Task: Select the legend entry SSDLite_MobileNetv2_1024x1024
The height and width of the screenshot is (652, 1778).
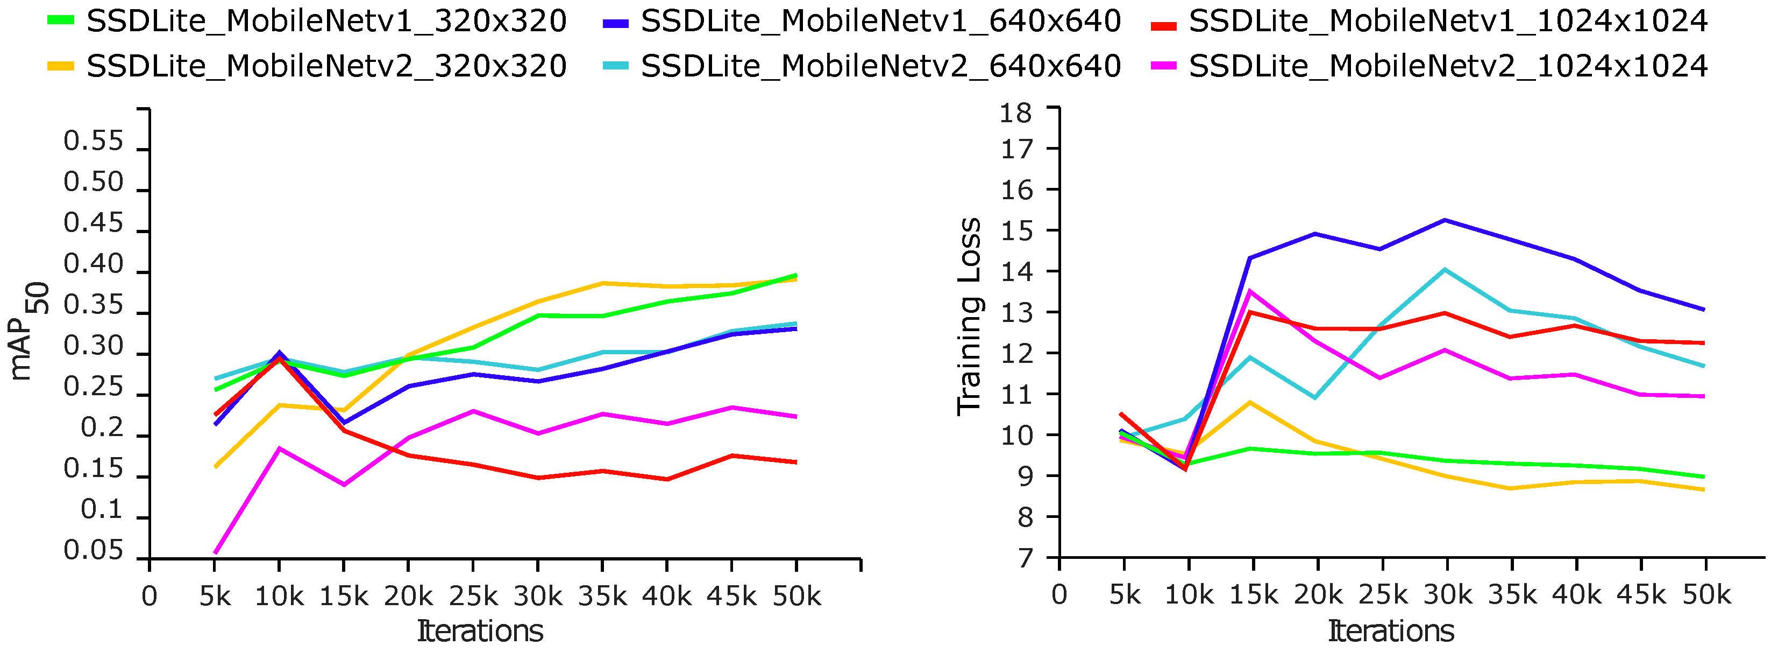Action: pos(1447,66)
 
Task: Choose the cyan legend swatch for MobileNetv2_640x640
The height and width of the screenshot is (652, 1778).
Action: pos(616,66)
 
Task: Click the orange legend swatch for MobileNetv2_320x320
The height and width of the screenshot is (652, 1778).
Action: pos(61,66)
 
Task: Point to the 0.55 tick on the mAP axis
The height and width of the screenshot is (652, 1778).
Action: pos(93,142)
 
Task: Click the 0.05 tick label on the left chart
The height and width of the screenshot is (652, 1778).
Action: pos(93,550)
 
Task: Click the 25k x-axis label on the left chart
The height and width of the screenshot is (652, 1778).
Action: pos(473,596)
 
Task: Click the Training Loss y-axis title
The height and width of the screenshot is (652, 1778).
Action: pos(969,317)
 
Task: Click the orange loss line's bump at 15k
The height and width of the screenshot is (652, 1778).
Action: pos(1250,402)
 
